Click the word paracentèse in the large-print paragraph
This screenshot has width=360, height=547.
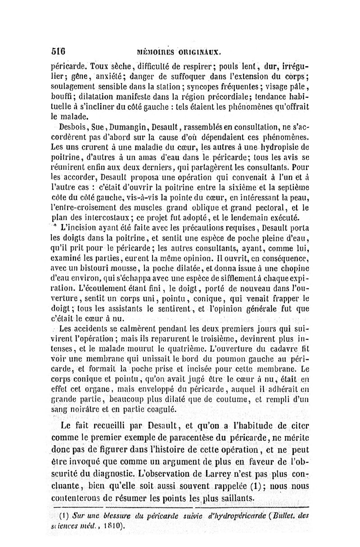tap(202, 439)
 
